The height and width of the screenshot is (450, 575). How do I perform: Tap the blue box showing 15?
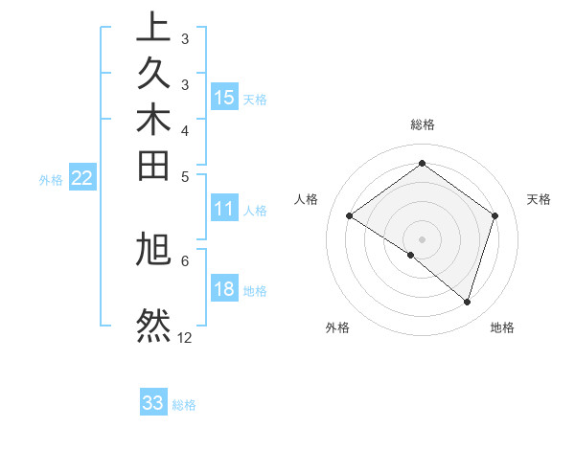point(224,98)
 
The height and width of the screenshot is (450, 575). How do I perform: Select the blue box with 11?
point(224,209)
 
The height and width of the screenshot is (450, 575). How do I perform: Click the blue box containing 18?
point(224,289)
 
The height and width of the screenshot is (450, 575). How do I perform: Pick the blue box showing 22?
point(82,178)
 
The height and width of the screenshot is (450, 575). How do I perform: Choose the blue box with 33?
point(153,404)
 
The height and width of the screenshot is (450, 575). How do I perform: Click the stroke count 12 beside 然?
point(185,338)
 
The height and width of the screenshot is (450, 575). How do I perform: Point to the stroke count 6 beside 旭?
point(185,259)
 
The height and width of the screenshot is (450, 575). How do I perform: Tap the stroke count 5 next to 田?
point(185,175)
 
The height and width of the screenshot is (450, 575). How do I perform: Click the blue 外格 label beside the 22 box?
point(51,179)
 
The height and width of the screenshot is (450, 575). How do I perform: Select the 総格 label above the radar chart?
point(422,124)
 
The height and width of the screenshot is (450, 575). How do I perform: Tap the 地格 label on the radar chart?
point(502,327)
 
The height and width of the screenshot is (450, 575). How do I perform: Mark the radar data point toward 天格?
point(494,215)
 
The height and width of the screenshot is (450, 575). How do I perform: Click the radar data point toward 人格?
point(350,215)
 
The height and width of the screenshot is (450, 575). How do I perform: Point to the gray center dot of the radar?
point(422,238)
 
